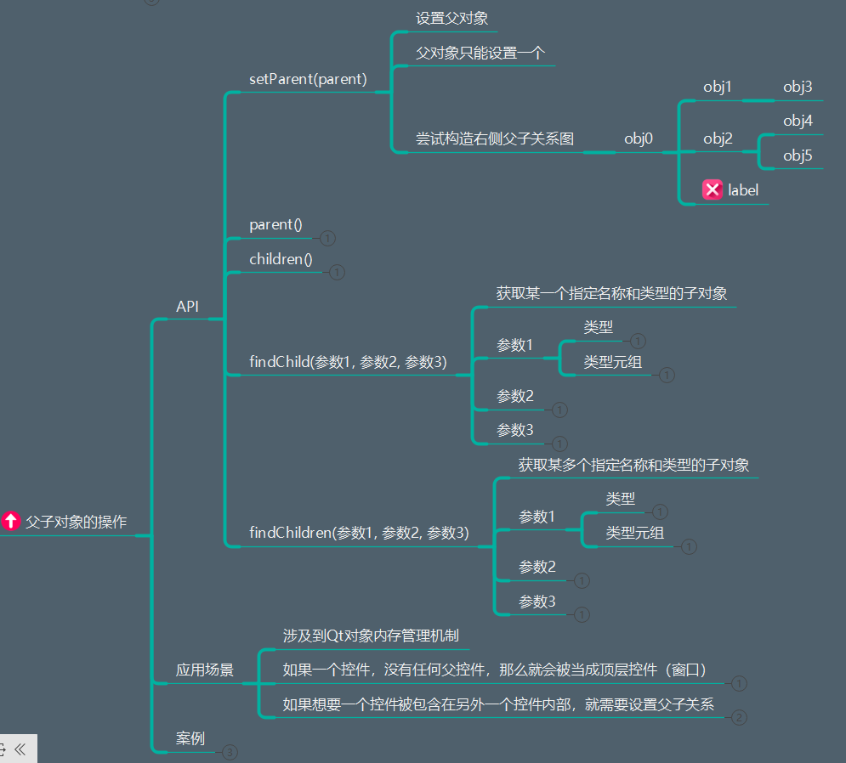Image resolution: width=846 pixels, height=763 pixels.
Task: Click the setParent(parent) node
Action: click(308, 80)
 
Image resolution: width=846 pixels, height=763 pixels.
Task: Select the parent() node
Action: click(275, 225)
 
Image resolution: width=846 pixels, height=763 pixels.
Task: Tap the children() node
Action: click(281, 259)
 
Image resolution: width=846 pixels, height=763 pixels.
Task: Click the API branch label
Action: click(187, 307)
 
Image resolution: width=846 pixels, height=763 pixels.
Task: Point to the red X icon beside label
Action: click(713, 190)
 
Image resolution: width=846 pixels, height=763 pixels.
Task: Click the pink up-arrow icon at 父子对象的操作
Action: click(11, 521)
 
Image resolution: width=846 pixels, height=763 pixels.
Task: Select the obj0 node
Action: click(639, 138)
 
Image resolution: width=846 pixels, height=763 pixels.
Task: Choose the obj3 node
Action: click(798, 87)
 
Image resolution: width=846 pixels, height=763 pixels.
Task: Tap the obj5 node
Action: click(798, 155)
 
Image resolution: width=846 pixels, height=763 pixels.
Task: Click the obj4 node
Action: click(798, 122)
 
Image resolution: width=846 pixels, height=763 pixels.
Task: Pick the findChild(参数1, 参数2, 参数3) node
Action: click(348, 362)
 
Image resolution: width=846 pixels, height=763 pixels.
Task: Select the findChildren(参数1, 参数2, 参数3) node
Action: click(359, 533)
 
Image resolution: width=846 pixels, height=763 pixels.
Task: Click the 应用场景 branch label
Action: click(205, 670)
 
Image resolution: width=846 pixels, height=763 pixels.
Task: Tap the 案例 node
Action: click(190, 738)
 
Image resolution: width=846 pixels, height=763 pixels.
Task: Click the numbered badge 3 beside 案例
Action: click(230, 752)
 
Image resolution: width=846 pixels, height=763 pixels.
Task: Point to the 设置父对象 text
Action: click(451, 18)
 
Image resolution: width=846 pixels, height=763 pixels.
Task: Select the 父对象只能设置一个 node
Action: click(480, 53)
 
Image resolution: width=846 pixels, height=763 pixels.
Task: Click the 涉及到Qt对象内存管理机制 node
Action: click(372, 636)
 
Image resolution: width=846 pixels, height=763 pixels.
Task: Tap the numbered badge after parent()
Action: click(328, 239)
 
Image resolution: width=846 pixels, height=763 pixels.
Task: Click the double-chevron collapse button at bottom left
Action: click(20, 749)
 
